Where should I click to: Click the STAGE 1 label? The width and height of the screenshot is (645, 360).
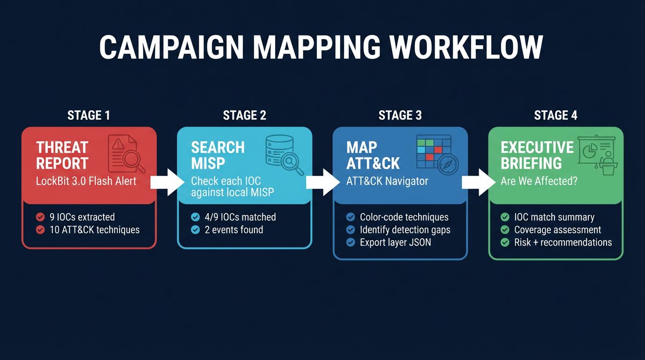click(x=89, y=115)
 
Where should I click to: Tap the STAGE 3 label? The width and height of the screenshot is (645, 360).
click(x=400, y=115)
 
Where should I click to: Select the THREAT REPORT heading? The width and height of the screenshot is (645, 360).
click(x=62, y=155)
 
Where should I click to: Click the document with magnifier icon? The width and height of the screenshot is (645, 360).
click(x=126, y=154)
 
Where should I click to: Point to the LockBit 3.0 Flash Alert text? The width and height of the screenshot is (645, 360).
click(x=86, y=181)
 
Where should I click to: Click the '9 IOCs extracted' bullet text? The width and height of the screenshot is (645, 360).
click(x=82, y=217)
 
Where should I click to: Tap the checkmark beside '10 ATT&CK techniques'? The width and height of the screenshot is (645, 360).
click(x=41, y=230)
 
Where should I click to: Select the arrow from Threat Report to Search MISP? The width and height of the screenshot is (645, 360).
click(x=167, y=182)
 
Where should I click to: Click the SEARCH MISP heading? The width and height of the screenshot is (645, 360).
click(x=218, y=155)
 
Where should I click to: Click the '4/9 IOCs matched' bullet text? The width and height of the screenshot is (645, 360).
click(x=240, y=217)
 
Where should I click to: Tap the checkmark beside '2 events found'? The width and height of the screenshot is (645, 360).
click(x=195, y=230)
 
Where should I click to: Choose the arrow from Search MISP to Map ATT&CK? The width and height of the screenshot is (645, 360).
click(x=322, y=182)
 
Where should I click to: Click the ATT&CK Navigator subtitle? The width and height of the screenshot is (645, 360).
click(x=387, y=181)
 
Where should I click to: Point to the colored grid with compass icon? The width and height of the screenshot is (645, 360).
click(x=437, y=154)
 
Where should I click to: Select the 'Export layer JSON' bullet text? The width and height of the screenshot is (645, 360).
click(x=395, y=242)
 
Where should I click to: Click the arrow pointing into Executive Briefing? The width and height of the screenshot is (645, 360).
click(x=478, y=182)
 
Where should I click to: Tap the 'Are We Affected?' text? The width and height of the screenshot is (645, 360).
click(x=539, y=181)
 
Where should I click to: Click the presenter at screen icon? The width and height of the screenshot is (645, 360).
click(x=597, y=155)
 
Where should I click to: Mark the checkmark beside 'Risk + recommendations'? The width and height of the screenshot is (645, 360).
click(x=505, y=242)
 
